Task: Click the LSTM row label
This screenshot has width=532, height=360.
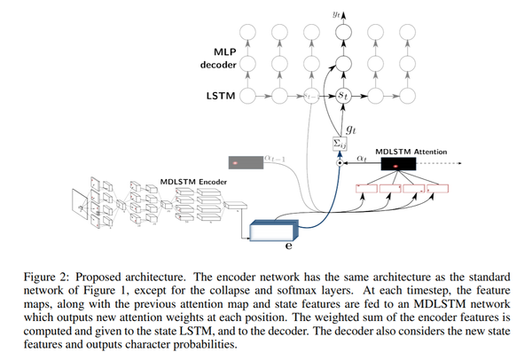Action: (x=220, y=93)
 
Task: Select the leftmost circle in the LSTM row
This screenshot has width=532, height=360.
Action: (x=249, y=93)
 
